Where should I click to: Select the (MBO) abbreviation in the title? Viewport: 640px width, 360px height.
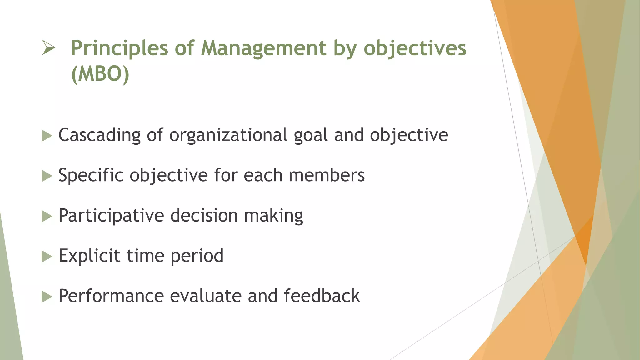coord(100,74)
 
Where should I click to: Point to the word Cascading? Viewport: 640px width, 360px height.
coord(100,135)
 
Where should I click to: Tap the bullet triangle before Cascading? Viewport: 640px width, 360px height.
coord(46,136)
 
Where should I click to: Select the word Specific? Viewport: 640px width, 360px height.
coord(91,175)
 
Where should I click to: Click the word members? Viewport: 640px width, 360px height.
coord(327,175)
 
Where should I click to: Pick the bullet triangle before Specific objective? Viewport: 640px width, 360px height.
coord(46,176)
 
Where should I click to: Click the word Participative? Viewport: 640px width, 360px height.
coord(111,216)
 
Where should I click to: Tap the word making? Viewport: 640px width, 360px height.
coord(273,216)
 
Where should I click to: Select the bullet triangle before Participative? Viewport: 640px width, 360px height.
coord(46,216)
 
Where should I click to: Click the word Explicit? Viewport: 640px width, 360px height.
coord(89,256)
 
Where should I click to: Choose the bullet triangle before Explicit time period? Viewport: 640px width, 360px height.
coord(46,257)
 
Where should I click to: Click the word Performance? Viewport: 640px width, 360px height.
coord(111,296)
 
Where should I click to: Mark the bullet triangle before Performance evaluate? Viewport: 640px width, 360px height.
coord(46,297)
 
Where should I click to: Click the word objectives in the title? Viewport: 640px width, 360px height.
coord(415,48)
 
